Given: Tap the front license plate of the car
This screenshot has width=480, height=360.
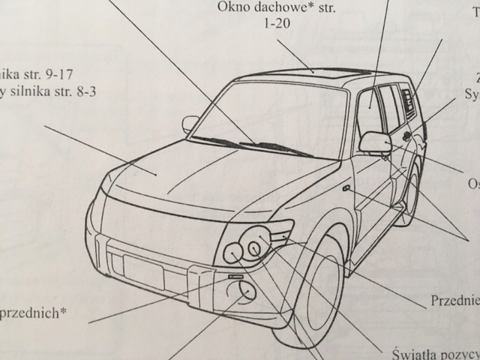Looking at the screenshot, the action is [142, 270].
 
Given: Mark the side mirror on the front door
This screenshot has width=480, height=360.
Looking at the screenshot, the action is [375, 141].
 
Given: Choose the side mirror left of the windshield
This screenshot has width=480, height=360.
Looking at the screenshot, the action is [190, 122].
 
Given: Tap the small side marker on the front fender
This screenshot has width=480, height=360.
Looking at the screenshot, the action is [345, 188].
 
